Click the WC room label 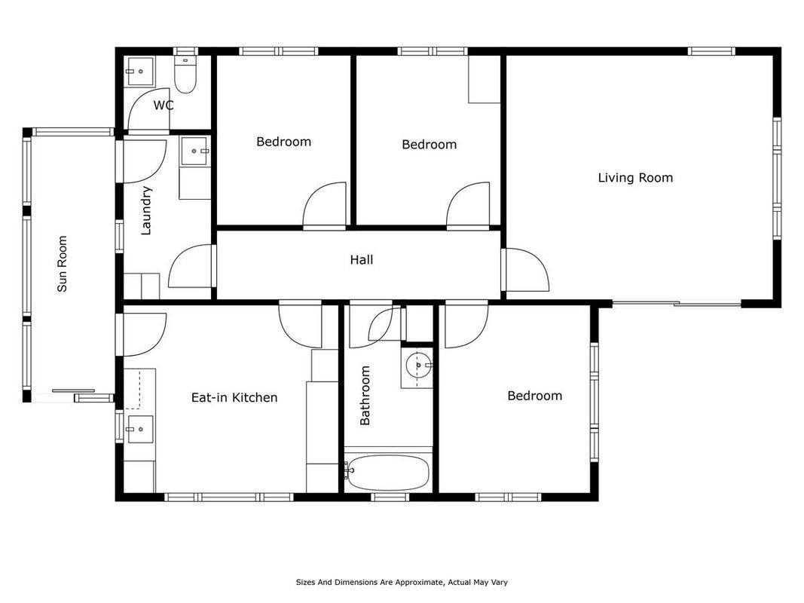(x=164, y=105)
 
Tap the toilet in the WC (x=185, y=75)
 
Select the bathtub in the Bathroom (x=388, y=473)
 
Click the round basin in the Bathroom (x=418, y=365)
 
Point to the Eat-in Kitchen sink (x=140, y=429)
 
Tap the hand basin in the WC (x=139, y=72)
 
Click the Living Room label (x=635, y=177)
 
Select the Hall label (x=362, y=259)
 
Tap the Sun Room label (x=62, y=264)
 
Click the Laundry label (x=146, y=210)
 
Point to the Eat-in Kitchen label (x=234, y=397)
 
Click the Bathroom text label (x=365, y=395)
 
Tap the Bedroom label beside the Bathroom (x=535, y=395)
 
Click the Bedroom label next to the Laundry (x=283, y=141)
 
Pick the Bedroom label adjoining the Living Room (x=430, y=144)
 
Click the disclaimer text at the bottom (x=402, y=582)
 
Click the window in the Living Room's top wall (x=711, y=51)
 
